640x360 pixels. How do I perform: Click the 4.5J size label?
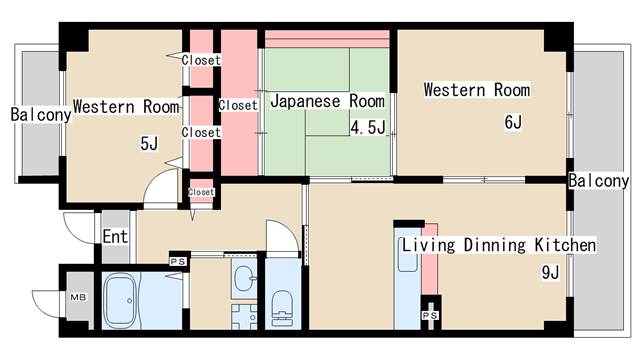click(368, 127)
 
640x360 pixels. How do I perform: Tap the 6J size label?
click(513, 122)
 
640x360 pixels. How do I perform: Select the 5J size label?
click(149, 144)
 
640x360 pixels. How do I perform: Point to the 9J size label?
click(550, 272)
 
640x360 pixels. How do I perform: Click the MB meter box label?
click(78, 297)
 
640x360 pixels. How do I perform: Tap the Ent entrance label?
click(115, 237)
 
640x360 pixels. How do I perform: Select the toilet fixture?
click(283, 307)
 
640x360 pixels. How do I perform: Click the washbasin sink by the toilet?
click(244, 278)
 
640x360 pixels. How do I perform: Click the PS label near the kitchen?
click(430, 315)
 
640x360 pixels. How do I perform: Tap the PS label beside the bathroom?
click(178, 262)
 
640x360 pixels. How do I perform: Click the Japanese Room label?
click(328, 101)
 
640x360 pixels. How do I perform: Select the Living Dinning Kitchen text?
click(499, 245)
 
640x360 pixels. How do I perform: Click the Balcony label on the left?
click(41, 115)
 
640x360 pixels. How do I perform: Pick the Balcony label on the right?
click(598, 181)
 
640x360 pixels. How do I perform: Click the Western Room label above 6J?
click(477, 90)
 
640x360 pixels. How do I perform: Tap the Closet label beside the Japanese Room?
click(238, 105)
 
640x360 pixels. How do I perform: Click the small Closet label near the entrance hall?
click(201, 192)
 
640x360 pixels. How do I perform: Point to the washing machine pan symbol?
click(244, 316)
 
